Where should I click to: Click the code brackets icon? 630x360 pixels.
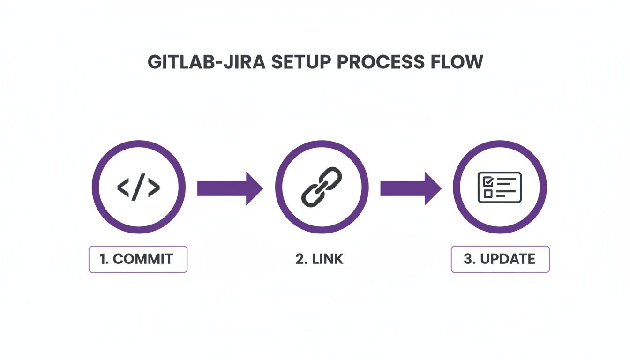138,187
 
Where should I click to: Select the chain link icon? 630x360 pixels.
321,187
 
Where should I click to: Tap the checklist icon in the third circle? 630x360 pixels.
499,187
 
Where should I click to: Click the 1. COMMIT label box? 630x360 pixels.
138,259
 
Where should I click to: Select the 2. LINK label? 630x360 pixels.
320,259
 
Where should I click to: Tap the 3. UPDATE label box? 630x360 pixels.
500,259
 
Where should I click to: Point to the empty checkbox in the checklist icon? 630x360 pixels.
487,193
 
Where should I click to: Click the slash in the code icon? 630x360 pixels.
138,187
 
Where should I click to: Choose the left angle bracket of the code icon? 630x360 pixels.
123,187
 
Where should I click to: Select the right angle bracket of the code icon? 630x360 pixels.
154,187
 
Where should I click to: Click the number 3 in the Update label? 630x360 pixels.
467,259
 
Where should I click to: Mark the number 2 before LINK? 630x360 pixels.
300,259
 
